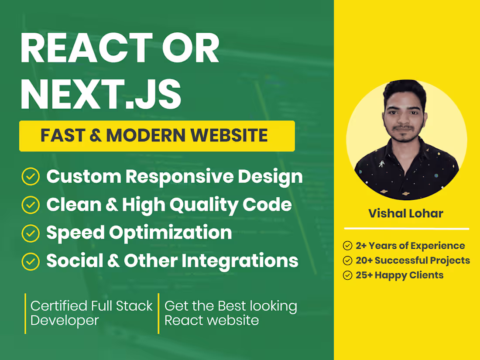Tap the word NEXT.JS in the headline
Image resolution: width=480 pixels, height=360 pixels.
(x=100, y=93)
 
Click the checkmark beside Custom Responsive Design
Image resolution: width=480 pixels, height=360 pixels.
(x=31, y=177)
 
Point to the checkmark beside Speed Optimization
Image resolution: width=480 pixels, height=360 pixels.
(x=31, y=233)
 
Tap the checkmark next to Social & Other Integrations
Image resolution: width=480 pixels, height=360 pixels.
(x=31, y=261)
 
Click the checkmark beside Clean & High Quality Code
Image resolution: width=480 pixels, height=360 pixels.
(x=31, y=205)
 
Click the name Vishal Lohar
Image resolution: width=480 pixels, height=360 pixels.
(x=406, y=213)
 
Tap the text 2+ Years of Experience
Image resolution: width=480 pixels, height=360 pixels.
(x=410, y=246)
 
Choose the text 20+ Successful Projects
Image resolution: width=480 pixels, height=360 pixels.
(x=413, y=261)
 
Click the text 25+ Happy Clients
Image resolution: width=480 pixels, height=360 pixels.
(x=399, y=275)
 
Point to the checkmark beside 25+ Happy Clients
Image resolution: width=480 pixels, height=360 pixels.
(x=348, y=275)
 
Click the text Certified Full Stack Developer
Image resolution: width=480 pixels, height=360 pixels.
(x=91, y=313)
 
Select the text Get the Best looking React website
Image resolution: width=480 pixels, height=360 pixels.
(x=230, y=313)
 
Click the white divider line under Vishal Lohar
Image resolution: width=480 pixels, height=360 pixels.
(x=406, y=228)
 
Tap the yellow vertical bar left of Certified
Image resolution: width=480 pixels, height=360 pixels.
(x=25, y=313)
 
